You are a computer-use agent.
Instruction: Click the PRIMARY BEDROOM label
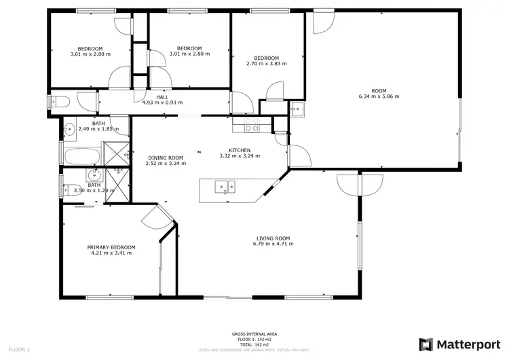tap(111, 247)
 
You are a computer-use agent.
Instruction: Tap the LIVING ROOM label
tap(274, 238)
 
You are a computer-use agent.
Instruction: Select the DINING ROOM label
tap(166, 158)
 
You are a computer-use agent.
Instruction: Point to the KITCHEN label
tap(240, 150)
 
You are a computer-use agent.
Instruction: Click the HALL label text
tap(162, 97)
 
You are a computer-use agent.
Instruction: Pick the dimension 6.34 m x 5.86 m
tap(379, 96)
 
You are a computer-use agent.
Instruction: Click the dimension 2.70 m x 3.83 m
tap(267, 64)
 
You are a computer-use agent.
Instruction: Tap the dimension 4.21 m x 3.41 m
tap(111, 253)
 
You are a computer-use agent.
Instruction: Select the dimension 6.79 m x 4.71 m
tap(274, 244)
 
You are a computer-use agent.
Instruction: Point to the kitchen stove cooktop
tap(251, 125)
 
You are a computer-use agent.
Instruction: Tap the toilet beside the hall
tap(59, 102)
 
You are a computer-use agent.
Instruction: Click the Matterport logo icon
tap(426, 344)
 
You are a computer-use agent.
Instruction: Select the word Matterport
tap(466, 344)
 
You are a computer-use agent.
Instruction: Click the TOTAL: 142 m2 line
tap(254, 345)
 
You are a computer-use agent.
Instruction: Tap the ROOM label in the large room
tap(379, 90)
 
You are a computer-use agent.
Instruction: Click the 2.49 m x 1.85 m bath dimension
tap(98, 129)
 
